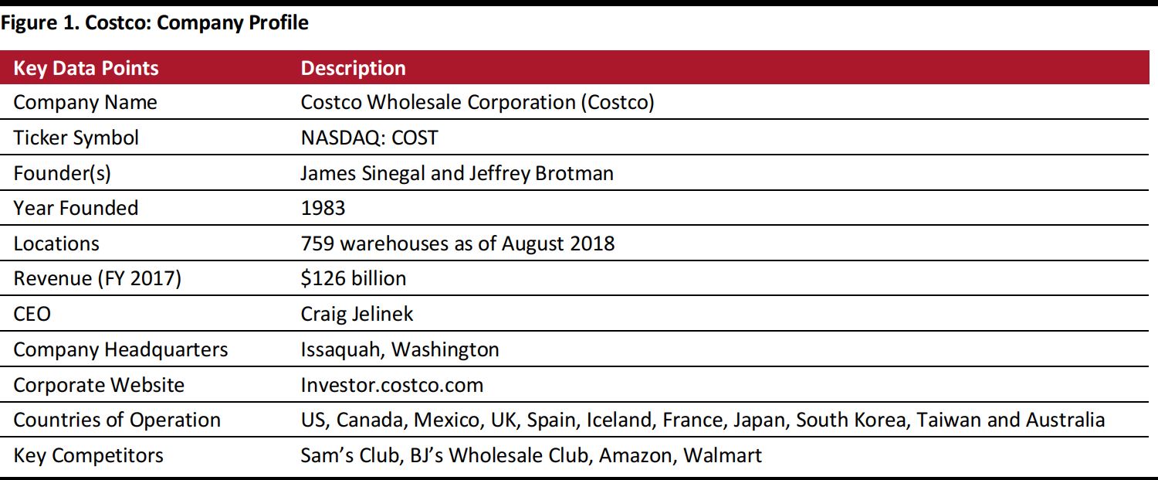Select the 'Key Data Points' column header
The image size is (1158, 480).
click(x=86, y=68)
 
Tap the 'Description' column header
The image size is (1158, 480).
click(x=353, y=68)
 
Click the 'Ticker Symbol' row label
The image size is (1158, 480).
click(x=76, y=138)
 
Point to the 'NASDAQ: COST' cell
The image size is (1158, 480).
click(x=369, y=138)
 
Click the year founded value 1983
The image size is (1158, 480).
click(x=323, y=208)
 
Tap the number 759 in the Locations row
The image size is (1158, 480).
click(x=317, y=243)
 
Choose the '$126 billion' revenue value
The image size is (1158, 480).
click(x=353, y=278)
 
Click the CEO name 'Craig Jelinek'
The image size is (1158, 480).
click(x=357, y=314)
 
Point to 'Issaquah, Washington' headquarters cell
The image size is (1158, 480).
click(x=399, y=349)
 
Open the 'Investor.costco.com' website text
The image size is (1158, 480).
click(x=391, y=385)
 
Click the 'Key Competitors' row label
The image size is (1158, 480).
click(x=88, y=455)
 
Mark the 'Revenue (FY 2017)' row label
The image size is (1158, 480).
click(x=97, y=278)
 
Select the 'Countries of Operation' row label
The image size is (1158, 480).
click(x=117, y=420)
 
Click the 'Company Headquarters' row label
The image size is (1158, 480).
click(x=120, y=349)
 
